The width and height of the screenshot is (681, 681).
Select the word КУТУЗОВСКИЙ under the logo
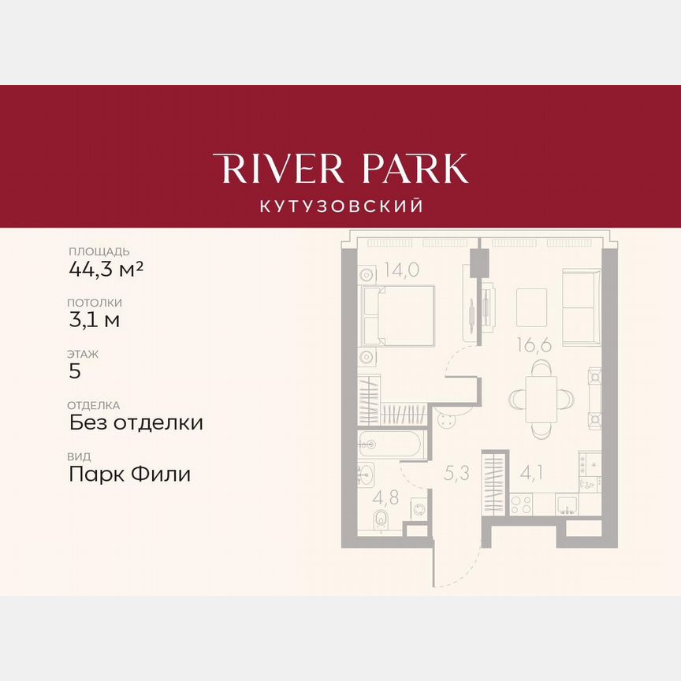coord(340,207)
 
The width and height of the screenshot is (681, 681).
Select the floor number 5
coord(75,371)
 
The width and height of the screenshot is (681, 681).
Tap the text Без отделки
coord(136,422)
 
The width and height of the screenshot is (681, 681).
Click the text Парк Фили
coord(130,474)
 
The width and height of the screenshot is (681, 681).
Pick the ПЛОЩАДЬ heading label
coord(99,251)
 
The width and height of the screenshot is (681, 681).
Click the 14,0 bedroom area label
coord(402,270)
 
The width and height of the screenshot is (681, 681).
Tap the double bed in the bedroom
coord(398,315)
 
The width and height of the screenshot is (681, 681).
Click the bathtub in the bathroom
coord(392,444)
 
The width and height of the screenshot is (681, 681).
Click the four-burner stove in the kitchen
coord(520,504)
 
